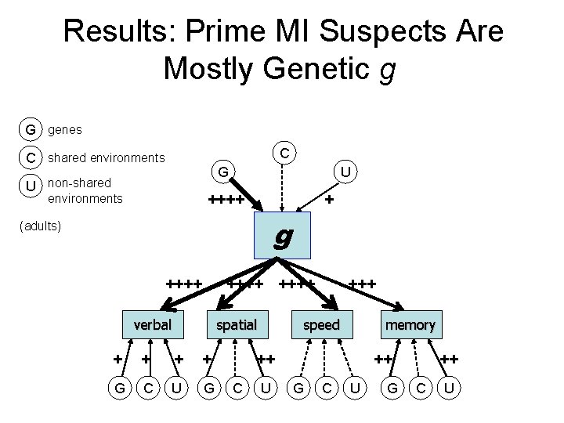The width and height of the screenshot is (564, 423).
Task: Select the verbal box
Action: (153, 324)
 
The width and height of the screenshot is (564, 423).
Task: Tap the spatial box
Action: (237, 324)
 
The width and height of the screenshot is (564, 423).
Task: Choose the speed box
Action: (321, 324)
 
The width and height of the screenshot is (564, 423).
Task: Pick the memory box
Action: (410, 324)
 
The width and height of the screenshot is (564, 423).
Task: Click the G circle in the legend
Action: (30, 128)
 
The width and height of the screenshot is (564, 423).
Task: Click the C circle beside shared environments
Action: (30, 157)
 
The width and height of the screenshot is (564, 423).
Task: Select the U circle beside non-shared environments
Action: (30, 188)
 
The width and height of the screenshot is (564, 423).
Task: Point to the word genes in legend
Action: (65, 128)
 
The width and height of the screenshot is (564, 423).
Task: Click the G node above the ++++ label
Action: (223, 171)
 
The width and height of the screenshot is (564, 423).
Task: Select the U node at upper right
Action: (345, 169)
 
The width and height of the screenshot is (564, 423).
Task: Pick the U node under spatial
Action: (266, 386)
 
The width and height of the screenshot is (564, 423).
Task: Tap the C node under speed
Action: (327, 386)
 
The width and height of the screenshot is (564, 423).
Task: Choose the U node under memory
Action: (449, 386)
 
